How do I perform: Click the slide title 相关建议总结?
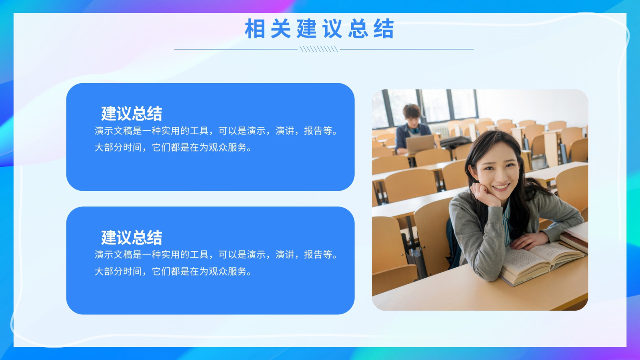(x=320, y=28)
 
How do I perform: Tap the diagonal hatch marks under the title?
(x=319, y=49)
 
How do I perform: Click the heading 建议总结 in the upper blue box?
(x=132, y=114)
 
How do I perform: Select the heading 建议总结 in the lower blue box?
(x=132, y=238)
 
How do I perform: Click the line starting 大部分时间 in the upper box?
(x=173, y=148)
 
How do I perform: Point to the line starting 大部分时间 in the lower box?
(x=173, y=272)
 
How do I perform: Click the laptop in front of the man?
(x=420, y=144)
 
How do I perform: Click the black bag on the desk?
(x=455, y=142)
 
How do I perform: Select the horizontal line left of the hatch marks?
(x=236, y=49)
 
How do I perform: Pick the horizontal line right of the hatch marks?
(x=406, y=49)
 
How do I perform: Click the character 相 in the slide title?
(x=255, y=28)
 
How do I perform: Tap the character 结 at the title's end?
(x=384, y=28)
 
